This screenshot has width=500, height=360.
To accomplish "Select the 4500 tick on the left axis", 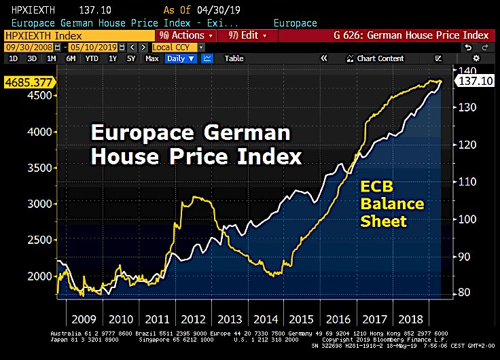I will click(42, 95).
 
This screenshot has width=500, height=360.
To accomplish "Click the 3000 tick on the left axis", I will click(42, 204).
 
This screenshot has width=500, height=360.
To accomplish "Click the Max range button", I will click(152, 58).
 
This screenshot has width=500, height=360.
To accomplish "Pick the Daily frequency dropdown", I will click(180, 58).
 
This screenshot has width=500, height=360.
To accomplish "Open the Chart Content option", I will click(380, 58).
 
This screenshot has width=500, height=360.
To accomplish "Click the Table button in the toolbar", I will click(234, 58).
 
